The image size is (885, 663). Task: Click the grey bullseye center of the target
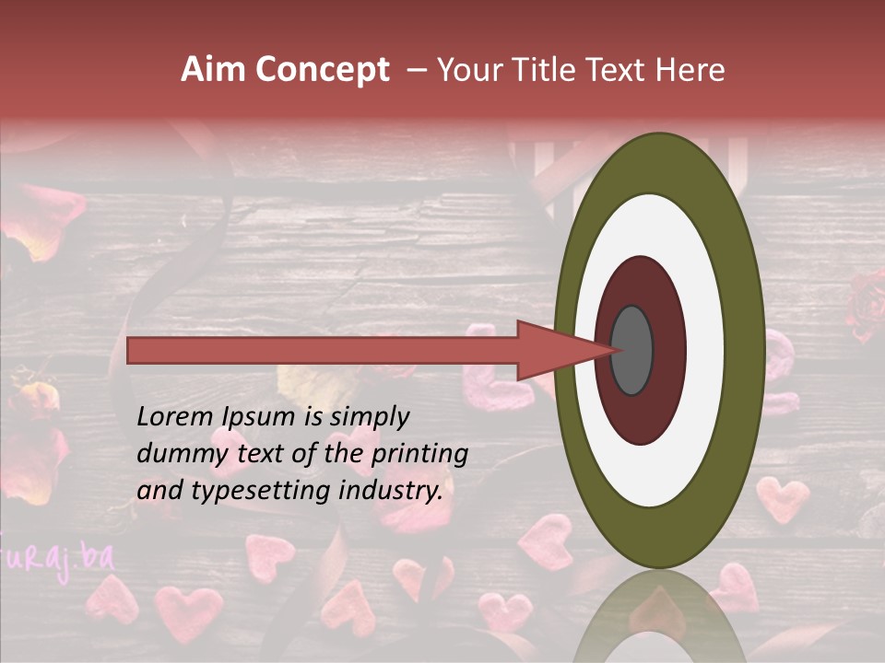point(632,351)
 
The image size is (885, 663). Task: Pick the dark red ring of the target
point(667,350)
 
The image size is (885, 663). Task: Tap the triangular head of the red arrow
point(553,351)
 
